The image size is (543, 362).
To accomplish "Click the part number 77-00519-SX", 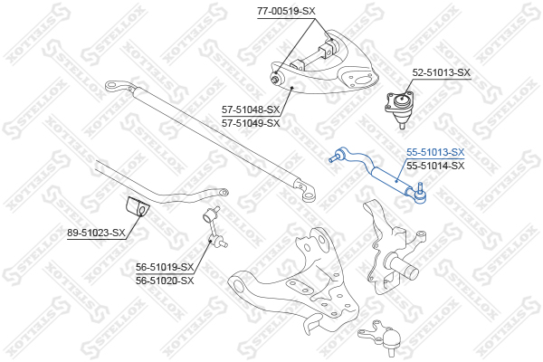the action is point(286,12).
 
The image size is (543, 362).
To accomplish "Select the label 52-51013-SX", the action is point(442,72).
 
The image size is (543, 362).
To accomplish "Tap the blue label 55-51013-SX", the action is point(435,152).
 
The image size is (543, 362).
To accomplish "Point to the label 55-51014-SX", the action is point(435,166).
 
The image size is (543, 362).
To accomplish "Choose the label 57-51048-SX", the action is point(251,110).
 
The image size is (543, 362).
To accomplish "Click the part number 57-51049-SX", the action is point(251,123).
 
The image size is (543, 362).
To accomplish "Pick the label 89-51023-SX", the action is point(96,233).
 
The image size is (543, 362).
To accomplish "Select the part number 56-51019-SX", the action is point(165,267).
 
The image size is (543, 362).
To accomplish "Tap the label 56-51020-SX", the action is point(165,281).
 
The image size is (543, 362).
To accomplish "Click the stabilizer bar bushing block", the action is point(138,206).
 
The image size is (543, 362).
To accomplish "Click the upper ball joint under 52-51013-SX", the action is point(400,107).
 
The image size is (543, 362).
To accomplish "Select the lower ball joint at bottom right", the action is point(381,337).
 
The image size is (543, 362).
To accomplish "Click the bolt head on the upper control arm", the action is point(275,79).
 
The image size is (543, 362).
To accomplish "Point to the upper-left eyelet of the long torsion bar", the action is point(112,85).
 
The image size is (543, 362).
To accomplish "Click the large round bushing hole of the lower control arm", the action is point(238,286).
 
